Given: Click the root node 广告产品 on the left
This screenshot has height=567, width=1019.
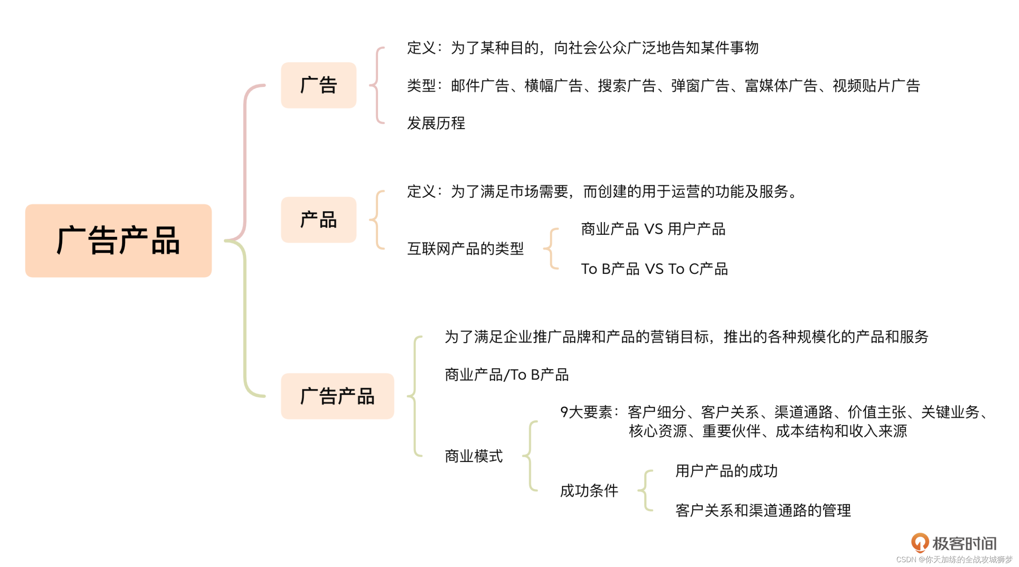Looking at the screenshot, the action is pos(118,240).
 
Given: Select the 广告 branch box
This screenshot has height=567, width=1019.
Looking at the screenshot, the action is pos(318,85).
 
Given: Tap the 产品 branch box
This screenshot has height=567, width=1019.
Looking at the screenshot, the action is pos(318,220).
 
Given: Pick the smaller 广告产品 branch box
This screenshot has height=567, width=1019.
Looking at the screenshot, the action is pos(337,396).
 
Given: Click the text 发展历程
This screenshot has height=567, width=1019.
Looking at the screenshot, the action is pos(436,123).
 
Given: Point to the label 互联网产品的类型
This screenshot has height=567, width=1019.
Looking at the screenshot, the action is pos(465,249).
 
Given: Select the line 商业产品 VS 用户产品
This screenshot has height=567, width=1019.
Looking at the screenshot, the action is pos(653,229).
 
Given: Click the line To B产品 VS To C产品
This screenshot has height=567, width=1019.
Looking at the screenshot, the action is pos(654,269).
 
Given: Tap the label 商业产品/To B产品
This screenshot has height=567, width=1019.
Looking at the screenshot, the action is pos(506,375).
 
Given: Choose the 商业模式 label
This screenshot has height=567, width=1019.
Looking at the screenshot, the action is pos(474,456).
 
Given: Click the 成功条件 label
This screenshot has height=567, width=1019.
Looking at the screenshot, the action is pos(589,491).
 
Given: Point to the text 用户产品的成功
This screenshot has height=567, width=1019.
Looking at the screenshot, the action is pos(726,471).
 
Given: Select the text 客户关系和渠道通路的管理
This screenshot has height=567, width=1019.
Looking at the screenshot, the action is pos(763,511).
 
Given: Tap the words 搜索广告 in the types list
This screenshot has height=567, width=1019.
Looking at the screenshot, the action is pos(627,86).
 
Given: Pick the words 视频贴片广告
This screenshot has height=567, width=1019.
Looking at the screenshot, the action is pos(876,86).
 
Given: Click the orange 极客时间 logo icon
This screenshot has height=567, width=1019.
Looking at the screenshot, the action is pos(919,543).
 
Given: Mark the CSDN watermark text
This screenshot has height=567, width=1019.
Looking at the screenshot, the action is pos(954,559).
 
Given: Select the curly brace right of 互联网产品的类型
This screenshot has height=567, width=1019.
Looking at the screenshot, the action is pos(551,249).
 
